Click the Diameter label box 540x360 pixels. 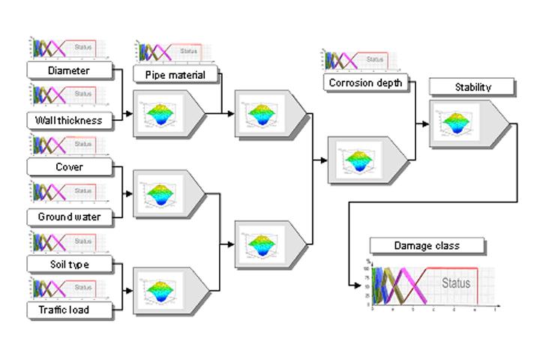[68, 70]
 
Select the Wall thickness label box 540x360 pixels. [68, 119]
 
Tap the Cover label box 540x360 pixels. [68, 166]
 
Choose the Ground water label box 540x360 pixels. [68, 217]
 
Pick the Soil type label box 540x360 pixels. [68, 264]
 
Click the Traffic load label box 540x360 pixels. [68, 309]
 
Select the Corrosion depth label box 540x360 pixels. [365, 82]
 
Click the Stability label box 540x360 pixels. [472, 87]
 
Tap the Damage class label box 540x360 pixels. [426, 245]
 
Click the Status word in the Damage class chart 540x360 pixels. [455, 283]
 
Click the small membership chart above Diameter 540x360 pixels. [68, 49]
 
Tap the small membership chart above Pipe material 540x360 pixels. [169, 52]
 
